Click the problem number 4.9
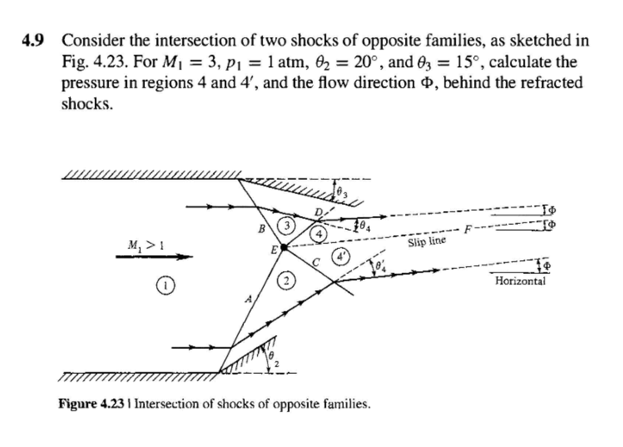[x=34, y=41]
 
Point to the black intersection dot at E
[x=284, y=248]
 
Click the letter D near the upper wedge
[x=319, y=213]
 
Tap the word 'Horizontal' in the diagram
[x=520, y=281]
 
